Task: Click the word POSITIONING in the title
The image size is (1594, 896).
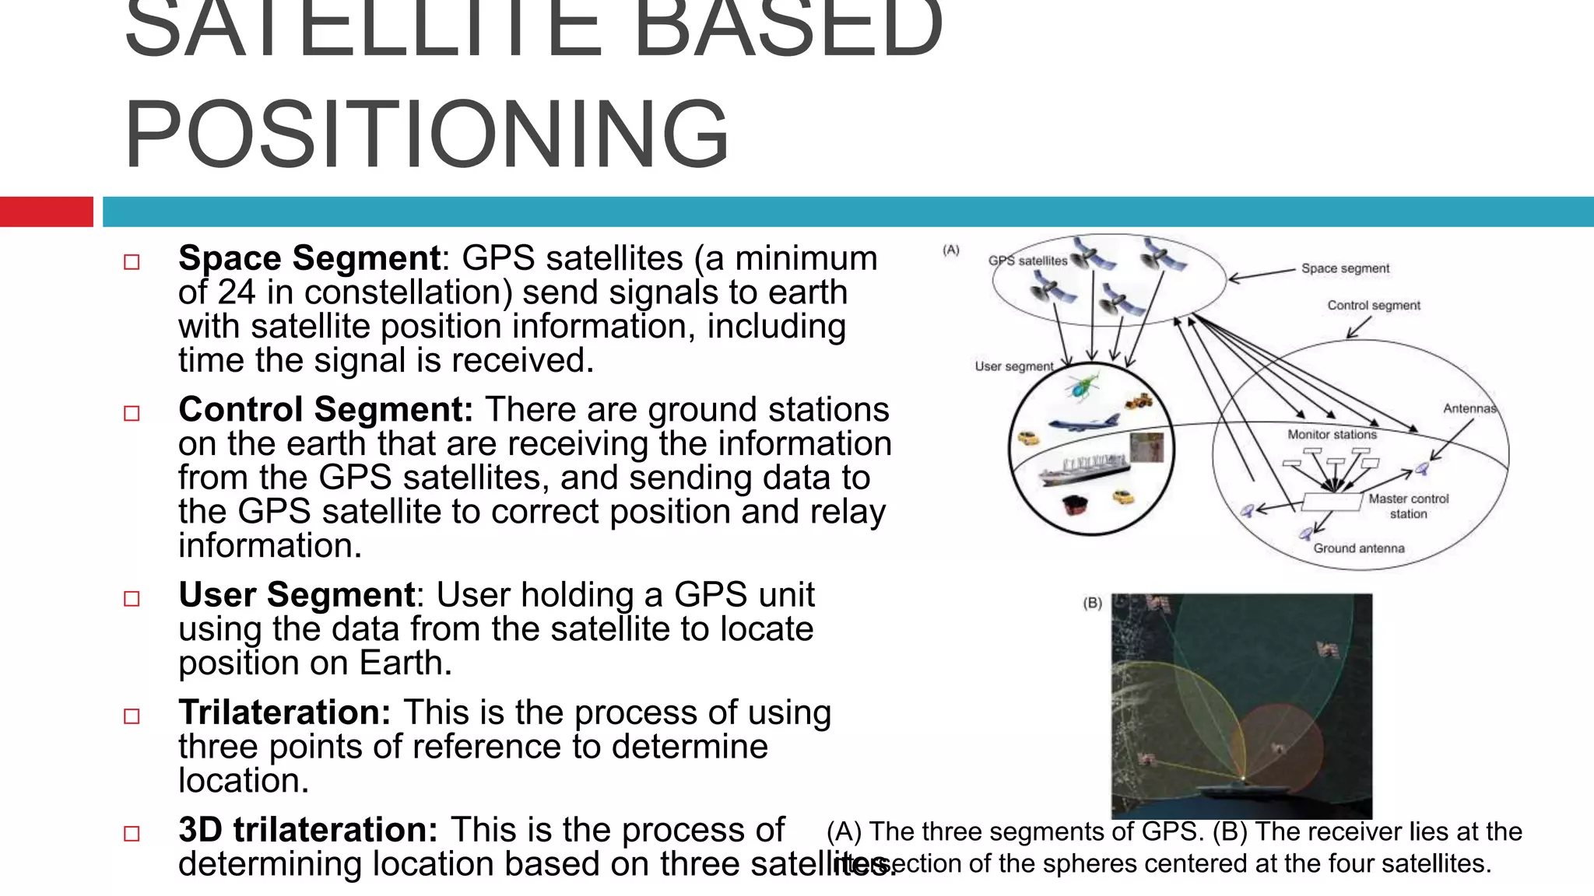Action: (427, 134)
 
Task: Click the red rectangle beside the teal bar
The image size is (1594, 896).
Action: (46, 212)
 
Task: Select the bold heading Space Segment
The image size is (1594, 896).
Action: (309, 258)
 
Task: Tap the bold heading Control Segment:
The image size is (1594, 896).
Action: (325, 409)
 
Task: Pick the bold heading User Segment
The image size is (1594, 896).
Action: (296, 595)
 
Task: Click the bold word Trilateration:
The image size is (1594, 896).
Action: (284, 712)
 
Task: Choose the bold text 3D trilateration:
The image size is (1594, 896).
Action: (307, 830)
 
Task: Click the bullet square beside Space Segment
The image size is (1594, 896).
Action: (132, 262)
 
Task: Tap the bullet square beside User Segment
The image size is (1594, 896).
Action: (132, 599)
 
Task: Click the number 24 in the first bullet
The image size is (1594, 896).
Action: (236, 292)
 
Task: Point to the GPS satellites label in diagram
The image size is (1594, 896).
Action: (1027, 261)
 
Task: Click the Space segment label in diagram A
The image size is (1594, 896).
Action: (1345, 268)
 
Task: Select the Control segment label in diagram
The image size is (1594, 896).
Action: (1374, 306)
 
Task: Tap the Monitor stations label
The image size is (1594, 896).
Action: (1332, 435)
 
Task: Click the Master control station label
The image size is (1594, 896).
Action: (1408, 506)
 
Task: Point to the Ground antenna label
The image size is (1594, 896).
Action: (1359, 548)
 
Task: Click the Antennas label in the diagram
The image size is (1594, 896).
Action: (1469, 408)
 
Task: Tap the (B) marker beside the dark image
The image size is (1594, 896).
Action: (1092, 603)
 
